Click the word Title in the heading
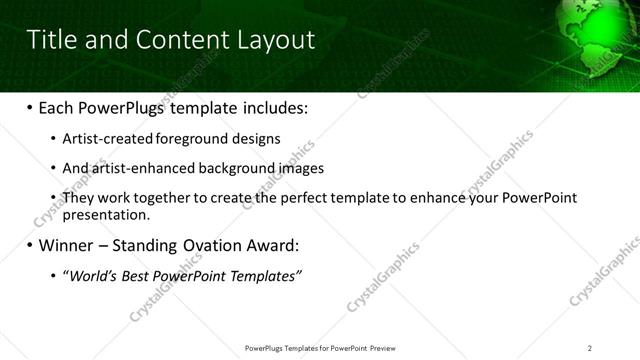[52, 39]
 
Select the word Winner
[67, 245]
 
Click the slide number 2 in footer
[590, 348]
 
